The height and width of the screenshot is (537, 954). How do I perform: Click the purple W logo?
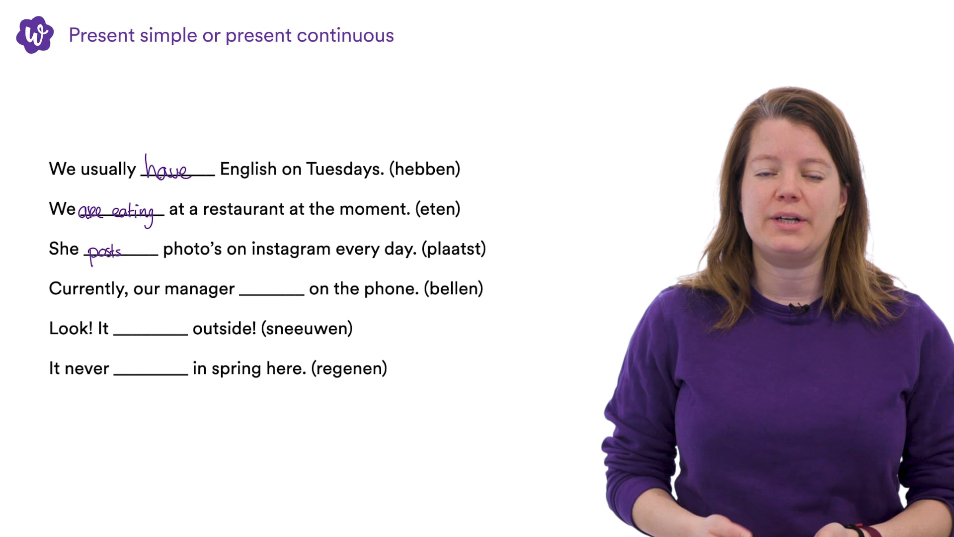[35, 35]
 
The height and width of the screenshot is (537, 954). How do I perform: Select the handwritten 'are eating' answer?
[116, 213]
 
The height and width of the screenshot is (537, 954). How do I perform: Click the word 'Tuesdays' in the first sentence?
[345, 169]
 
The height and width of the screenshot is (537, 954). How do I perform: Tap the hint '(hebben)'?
[425, 169]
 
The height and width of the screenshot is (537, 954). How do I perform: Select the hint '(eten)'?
[438, 209]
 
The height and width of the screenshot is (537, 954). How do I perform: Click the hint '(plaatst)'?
[454, 249]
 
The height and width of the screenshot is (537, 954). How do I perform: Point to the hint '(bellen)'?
[454, 288]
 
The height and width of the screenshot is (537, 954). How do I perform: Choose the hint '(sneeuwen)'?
[307, 328]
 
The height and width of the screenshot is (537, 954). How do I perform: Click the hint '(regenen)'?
[349, 368]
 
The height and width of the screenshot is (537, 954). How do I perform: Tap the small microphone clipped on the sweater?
[799, 308]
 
